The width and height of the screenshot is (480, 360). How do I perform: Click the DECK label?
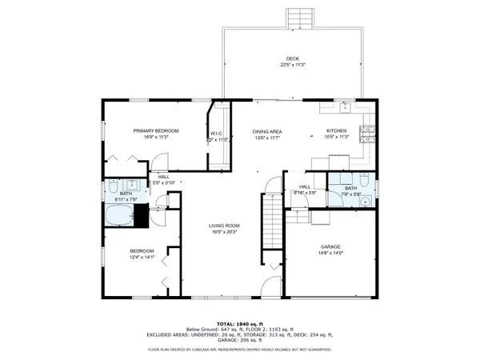(293, 58)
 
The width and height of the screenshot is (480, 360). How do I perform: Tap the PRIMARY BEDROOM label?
(156, 130)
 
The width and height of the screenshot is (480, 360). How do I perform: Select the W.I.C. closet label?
(218, 133)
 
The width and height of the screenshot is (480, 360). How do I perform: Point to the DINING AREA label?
(267, 130)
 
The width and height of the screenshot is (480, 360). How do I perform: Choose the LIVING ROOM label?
(225, 226)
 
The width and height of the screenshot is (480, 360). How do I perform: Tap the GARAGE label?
(330, 248)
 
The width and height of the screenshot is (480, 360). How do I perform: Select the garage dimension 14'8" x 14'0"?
(330, 254)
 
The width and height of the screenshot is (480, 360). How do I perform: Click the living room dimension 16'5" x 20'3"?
(225, 233)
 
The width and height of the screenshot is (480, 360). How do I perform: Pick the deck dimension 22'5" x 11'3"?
(293, 65)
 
